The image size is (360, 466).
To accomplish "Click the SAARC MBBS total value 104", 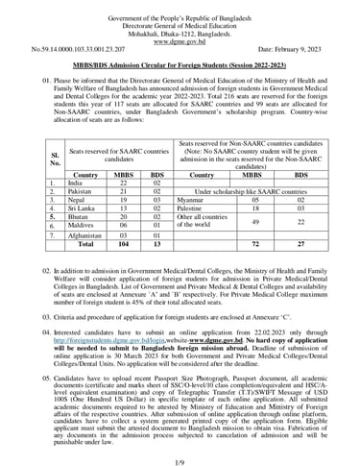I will [123, 244].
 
